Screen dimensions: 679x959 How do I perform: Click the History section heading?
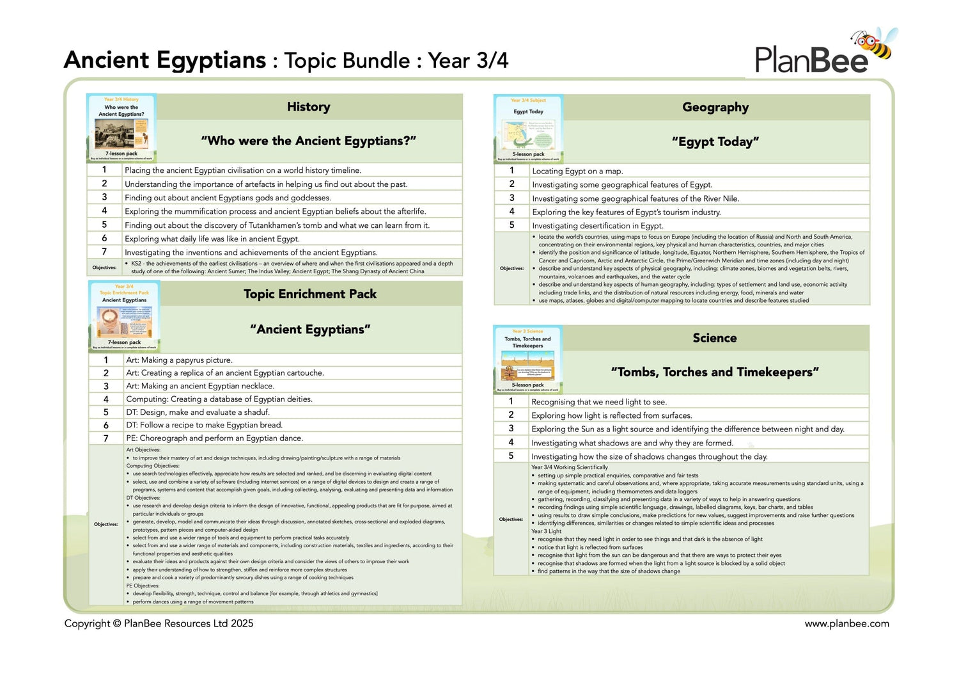[309, 107]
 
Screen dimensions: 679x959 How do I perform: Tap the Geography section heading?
[715, 108]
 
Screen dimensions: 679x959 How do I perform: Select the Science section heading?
[715, 338]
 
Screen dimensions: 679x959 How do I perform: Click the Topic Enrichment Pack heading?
[310, 294]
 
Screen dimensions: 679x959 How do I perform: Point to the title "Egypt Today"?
[715, 142]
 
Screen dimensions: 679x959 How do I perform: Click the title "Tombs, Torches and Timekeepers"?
[715, 372]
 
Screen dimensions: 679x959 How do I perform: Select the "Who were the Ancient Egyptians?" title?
[309, 141]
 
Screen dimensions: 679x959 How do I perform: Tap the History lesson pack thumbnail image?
[121, 128]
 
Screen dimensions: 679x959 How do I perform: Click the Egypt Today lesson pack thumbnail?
[528, 128]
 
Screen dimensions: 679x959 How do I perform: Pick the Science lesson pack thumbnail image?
[527, 359]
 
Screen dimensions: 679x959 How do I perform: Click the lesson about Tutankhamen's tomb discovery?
[277, 225]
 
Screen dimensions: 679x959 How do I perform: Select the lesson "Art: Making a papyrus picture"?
[179, 360]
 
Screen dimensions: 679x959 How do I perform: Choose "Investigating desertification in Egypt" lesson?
[598, 226]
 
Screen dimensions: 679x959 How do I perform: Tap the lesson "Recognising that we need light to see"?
[598, 402]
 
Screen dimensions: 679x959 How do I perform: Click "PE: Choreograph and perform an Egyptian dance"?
[214, 438]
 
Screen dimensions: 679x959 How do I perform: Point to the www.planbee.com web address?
[846, 623]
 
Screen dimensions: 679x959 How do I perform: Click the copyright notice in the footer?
[159, 623]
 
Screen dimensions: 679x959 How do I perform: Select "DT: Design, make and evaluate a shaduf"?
[198, 412]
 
